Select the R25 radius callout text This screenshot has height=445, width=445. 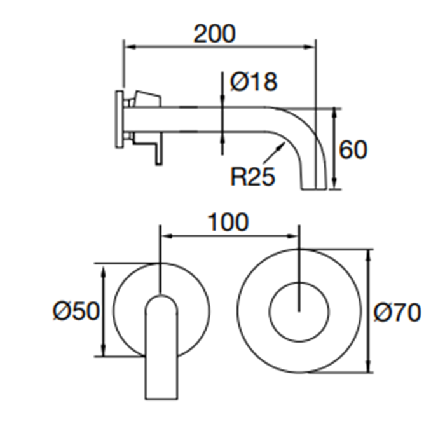click(x=252, y=175)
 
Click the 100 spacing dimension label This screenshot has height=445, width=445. click(x=228, y=222)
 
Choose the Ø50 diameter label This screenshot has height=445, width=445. click(x=75, y=311)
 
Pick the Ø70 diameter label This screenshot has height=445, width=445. click(x=397, y=312)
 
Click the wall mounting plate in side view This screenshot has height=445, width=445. click(x=120, y=121)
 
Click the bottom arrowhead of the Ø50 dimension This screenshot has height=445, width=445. click(x=102, y=353)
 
